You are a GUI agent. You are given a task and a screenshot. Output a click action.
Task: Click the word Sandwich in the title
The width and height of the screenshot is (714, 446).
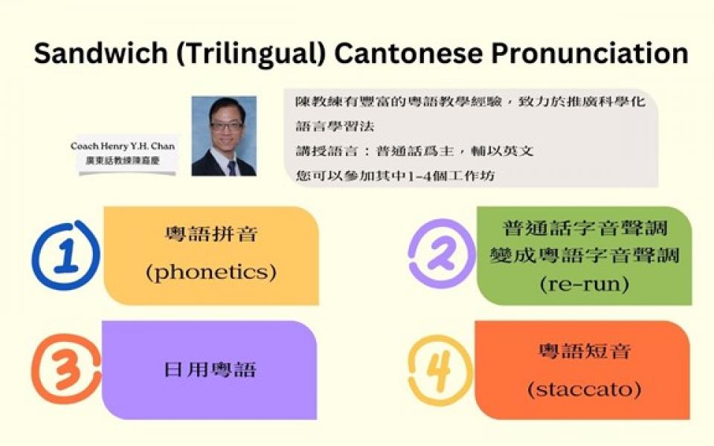tap(100, 53)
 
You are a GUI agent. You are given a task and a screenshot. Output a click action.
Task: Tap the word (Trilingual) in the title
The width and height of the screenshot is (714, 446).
tap(251, 54)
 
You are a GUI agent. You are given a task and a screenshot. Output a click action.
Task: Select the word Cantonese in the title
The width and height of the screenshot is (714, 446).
tap(408, 53)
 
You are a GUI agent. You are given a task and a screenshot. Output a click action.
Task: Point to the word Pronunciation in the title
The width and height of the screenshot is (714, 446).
tap(590, 53)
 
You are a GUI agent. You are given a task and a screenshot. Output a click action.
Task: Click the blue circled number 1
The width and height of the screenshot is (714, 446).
tap(65, 255)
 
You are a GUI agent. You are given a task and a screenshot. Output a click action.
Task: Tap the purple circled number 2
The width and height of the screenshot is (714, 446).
tap(442, 253)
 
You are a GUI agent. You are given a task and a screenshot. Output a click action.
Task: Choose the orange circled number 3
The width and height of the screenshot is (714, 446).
tap(66, 369)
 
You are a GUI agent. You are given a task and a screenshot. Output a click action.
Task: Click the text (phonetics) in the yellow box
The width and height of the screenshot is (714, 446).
tap(211, 273)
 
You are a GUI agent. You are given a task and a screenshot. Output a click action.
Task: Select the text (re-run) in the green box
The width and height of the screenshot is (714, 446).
tap(585, 285)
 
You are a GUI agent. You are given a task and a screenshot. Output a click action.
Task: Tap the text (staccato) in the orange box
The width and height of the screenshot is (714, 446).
tap(585, 390)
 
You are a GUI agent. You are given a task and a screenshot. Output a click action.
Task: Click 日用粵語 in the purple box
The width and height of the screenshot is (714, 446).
tap(210, 369)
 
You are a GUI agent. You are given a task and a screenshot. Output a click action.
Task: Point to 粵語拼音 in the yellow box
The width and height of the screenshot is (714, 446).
tap(211, 234)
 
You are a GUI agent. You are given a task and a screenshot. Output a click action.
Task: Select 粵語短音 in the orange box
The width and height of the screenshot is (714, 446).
tap(585, 352)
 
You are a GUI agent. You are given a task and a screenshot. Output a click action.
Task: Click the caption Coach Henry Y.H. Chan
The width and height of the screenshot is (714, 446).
tap(123, 146)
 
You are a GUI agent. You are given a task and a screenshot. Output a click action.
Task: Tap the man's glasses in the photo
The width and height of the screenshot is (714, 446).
tap(226, 126)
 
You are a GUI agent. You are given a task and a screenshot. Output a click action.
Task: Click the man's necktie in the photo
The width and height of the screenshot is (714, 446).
tap(232, 168)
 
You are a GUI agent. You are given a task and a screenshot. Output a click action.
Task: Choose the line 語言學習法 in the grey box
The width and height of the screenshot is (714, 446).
tap(335, 126)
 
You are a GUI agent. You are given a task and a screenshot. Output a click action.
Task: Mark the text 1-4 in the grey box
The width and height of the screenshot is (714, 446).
tap(418, 176)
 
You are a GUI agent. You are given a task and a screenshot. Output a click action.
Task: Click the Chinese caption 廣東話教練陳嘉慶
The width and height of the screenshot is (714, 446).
tap(123, 161)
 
